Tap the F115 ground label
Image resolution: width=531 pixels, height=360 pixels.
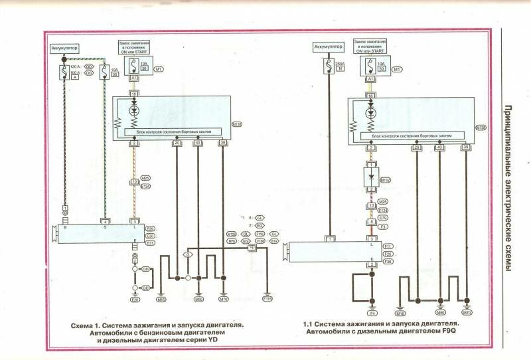pyautogui.click(x=267, y=299)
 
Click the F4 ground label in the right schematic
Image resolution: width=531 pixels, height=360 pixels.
pyautogui.click(x=372, y=312)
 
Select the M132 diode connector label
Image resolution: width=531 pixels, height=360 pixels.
pyautogui.click(x=383, y=179)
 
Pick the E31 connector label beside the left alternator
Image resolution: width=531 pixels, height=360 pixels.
pyautogui.click(x=149, y=243)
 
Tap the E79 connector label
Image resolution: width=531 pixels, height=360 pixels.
pyautogui.click(x=383, y=218)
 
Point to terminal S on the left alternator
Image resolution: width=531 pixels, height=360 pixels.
pyautogui.click(x=104, y=228)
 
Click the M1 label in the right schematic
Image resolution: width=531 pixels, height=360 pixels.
pyautogui.click(x=397, y=69)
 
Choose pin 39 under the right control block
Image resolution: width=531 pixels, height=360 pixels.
pyautogui.click(x=467, y=147)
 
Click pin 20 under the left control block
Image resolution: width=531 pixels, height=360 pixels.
pyautogui.click(x=177, y=143)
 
